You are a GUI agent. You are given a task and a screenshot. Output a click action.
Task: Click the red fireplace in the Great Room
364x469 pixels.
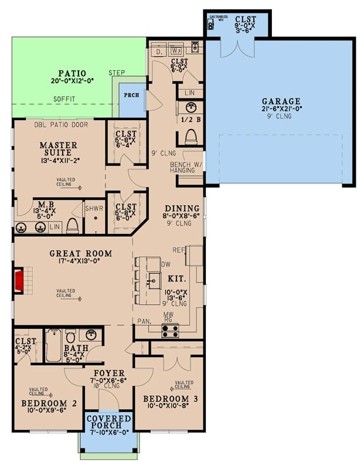click(19, 281)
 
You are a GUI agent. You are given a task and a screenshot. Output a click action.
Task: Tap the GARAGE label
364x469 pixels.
click(281, 101)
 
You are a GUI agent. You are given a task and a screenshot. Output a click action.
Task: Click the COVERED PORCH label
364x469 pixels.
click(108, 422)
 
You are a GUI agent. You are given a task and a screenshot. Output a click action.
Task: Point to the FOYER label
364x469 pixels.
click(109, 373)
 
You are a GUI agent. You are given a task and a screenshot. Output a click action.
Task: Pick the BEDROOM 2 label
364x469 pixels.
click(50, 403)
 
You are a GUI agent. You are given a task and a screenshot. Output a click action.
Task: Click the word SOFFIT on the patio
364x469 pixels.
click(65, 99)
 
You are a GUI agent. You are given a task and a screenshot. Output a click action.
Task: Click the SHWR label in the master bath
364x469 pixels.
click(94, 208)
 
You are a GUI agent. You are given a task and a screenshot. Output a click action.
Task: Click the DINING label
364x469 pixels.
click(182, 208)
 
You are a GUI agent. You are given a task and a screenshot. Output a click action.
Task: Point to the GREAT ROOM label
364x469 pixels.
click(80, 254)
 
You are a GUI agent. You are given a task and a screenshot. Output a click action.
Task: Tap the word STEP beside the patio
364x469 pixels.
click(117, 73)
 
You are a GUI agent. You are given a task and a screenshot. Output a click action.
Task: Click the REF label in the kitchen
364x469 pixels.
click(179, 249)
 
